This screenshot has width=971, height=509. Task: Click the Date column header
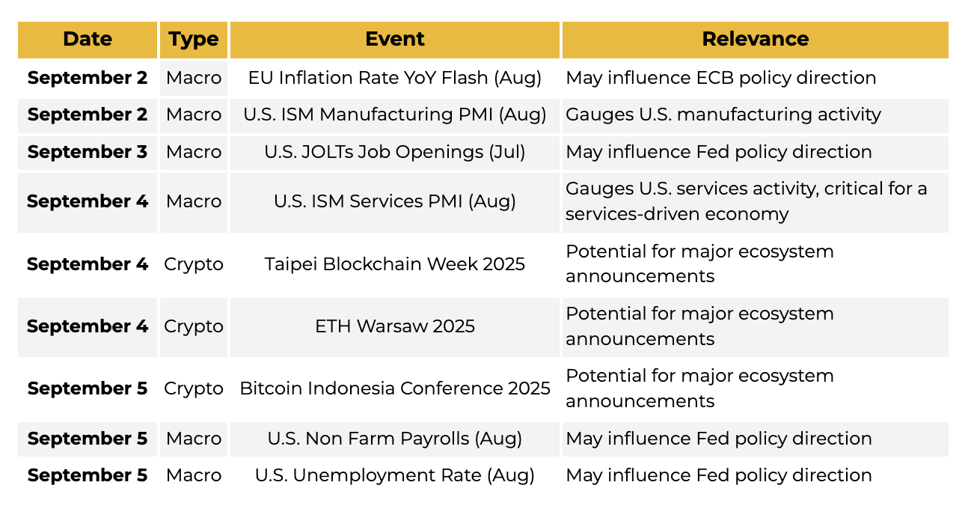(88, 40)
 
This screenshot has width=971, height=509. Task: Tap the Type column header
(193, 40)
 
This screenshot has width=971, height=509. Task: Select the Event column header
(394, 40)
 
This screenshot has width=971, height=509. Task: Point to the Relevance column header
(755, 40)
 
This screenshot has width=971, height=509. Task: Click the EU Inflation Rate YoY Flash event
(394, 78)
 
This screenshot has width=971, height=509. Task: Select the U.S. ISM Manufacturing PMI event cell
(394, 115)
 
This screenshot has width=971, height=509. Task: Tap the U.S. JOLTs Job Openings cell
(394, 153)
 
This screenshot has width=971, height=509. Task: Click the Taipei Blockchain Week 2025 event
(394, 264)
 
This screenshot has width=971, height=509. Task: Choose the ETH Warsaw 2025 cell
(394, 327)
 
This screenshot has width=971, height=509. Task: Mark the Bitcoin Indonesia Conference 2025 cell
(394, 388)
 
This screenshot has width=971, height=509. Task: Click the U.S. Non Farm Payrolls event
(394, 439)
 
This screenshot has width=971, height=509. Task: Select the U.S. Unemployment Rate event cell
(394, 475)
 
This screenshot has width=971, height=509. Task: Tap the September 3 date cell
(88, 153)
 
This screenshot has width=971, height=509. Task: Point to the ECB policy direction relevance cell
(755, 78)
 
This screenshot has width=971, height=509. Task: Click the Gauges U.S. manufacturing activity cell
(755, 115)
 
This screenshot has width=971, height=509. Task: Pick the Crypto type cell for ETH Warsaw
(193, 327)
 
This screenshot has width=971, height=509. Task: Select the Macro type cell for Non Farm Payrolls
(193, 439)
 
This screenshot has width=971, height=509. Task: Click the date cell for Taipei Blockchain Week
(88, 264)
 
